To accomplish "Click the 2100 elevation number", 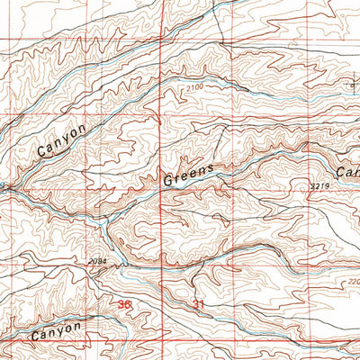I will (198, 86).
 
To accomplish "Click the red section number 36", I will (124, 304).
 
